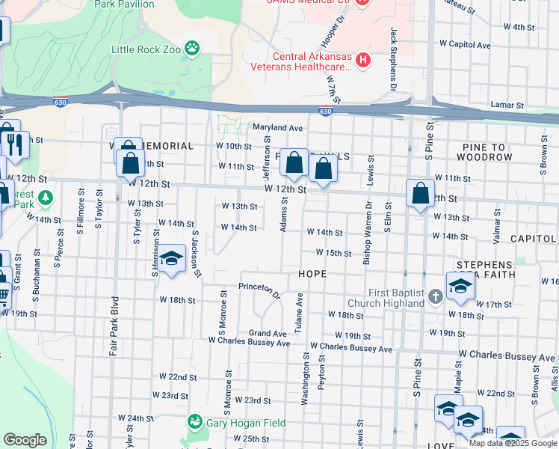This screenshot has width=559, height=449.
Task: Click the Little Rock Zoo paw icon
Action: point(193,49)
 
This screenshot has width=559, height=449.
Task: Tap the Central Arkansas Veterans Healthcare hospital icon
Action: point(362,59)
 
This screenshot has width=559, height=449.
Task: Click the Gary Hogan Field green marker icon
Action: point(194,423)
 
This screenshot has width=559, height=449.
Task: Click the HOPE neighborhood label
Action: point(312,274)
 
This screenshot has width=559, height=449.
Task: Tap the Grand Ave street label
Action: point(268,333)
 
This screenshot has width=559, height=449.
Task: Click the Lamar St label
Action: point(504,106)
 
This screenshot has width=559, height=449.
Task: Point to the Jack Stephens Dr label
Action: point(392,60)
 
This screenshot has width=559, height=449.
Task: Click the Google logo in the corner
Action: point(25,440)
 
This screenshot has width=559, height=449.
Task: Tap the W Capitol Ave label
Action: point(465,45)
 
